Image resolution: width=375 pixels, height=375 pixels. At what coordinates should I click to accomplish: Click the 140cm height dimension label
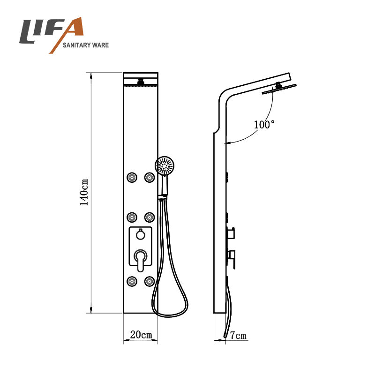tap(84, 192)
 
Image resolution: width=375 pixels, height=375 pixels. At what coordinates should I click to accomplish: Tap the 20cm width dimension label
tap(141, 335)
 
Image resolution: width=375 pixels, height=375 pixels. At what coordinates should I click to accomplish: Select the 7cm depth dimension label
tap(238, 335)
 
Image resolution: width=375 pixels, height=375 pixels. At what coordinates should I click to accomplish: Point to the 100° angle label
tap(264, 124)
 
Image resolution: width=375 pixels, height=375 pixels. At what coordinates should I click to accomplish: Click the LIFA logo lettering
tap(52, 31)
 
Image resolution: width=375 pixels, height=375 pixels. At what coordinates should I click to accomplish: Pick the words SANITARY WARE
tap(86, 45)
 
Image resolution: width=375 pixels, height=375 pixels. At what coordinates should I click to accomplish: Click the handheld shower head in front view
tap(165, 165)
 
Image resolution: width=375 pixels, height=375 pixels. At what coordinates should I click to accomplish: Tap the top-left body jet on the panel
tap(132, 178)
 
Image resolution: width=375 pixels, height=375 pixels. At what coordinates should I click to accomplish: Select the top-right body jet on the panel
tap(150, 178)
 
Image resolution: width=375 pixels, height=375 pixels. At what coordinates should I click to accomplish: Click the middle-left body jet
tap(132, 217)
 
